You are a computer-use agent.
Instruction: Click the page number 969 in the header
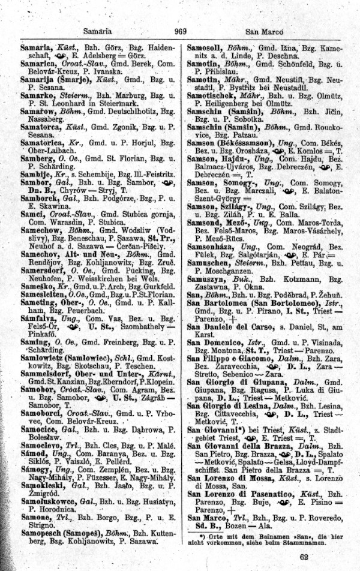pos(180,32)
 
